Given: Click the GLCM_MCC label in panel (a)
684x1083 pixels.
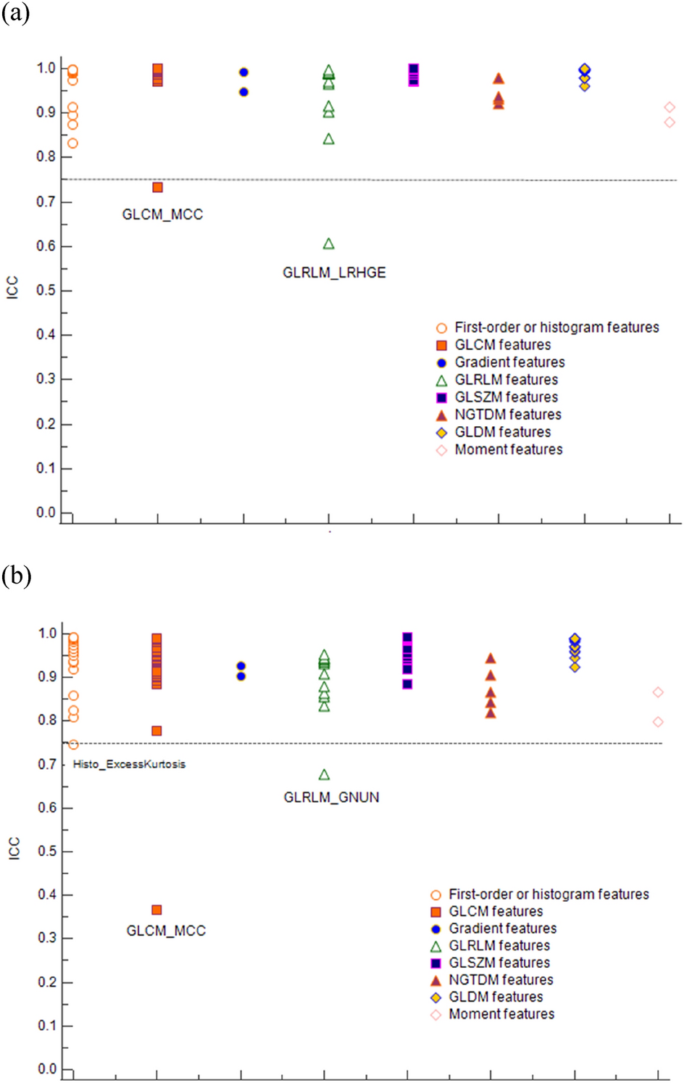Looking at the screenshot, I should [162, 215].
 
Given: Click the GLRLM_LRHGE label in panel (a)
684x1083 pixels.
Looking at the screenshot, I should [334, 273].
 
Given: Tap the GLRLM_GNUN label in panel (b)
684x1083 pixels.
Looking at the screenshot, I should [331, 797].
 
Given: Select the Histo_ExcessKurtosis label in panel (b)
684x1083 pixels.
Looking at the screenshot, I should [129, 764].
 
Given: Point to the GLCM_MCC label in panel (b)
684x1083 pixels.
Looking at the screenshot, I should [166, 931].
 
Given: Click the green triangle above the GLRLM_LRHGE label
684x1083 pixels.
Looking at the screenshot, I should [329, 244].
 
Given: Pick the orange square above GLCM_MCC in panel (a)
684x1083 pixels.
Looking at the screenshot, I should [157, 188].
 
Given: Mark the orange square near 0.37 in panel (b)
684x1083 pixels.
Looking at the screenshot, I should [157, 910].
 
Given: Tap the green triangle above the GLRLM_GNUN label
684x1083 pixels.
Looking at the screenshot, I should [324, 775].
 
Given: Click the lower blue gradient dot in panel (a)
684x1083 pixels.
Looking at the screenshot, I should [243, 92].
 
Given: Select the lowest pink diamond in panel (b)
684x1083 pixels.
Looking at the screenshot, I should [658, 722].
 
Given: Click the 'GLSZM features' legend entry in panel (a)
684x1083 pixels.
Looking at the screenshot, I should [506, 397].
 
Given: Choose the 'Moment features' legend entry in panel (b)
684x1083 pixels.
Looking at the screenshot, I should [501, 1014].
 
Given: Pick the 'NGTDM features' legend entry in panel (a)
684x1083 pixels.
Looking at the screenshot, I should [507, 415].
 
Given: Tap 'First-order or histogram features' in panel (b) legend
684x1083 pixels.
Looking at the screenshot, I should [549, 895].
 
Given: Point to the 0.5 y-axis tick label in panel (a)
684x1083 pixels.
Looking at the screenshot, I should [46, 291].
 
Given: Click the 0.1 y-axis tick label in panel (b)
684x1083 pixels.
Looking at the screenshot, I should [47, 1026].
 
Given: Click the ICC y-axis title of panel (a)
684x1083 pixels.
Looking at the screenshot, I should [12, 288].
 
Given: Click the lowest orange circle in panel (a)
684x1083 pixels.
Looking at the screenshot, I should [72, 144].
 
